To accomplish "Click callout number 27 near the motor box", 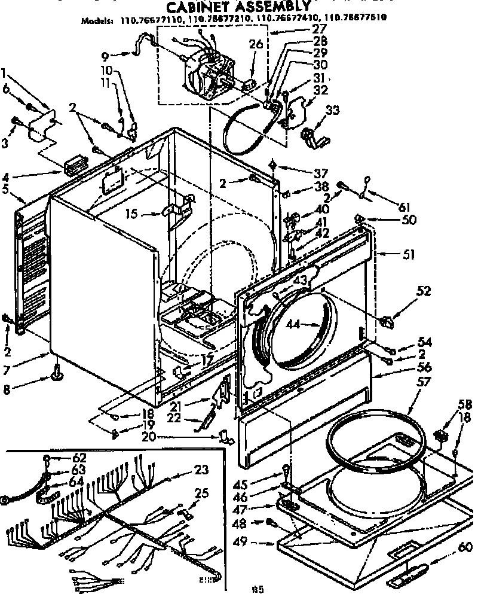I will (x=319, y=28).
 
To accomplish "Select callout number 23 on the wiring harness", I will (x=201, y=471).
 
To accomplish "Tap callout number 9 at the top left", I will (x=105, y=57).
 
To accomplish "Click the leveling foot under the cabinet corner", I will (x=58, y=375).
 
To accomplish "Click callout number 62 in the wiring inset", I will (x=79, y=456).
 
